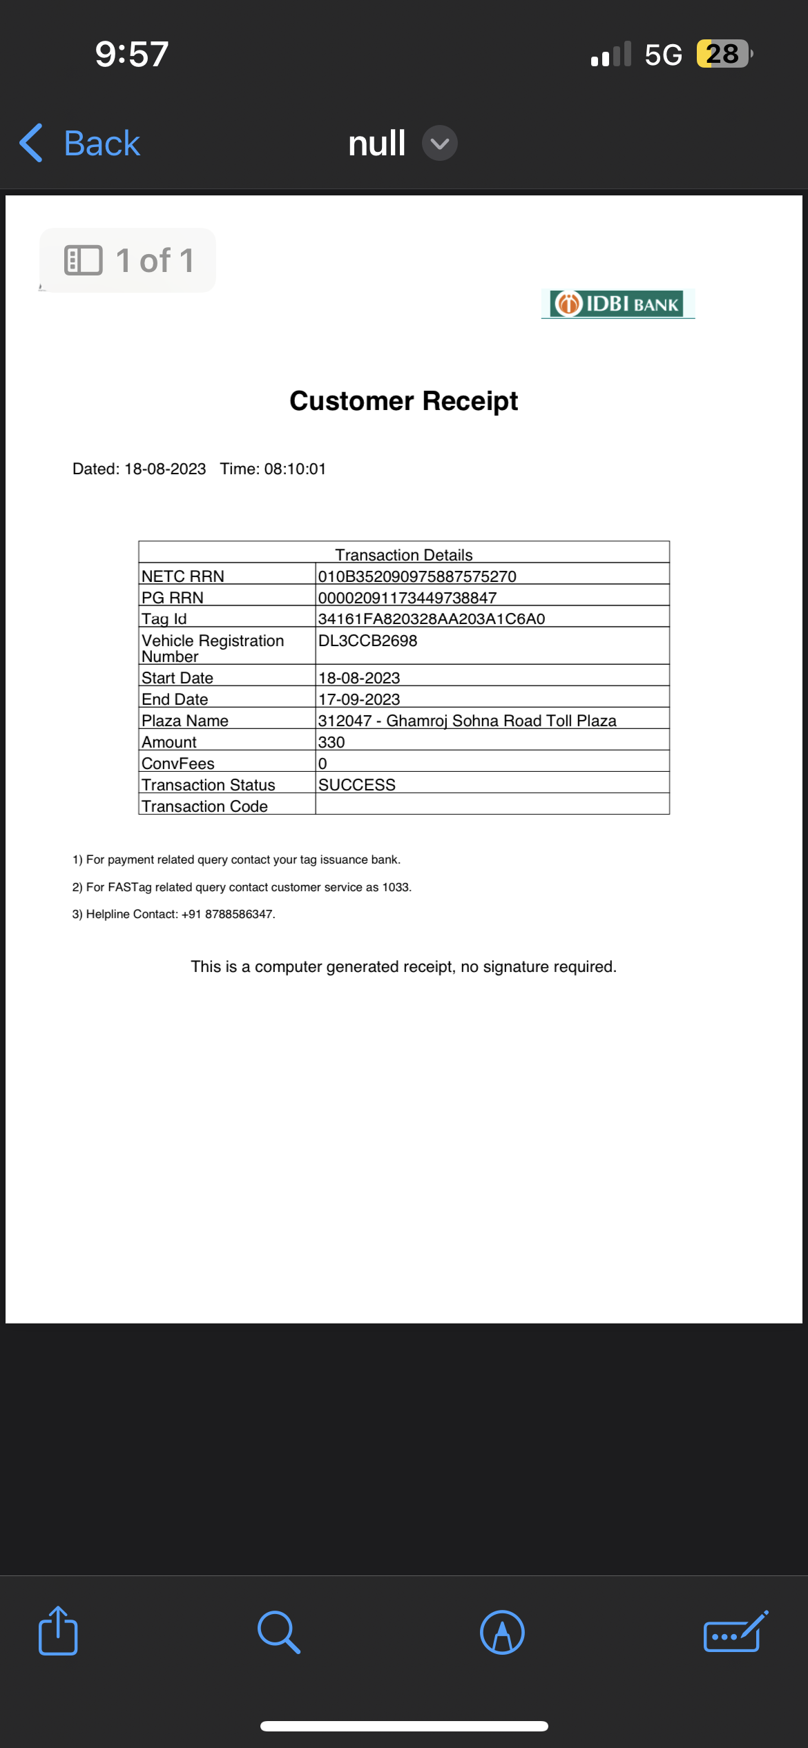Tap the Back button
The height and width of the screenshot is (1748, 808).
tap(80, 144)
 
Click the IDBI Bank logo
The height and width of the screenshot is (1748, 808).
tap(617, 304)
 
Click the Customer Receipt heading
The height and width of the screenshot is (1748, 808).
tap(403, 401)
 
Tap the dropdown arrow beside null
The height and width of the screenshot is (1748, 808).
tap(439, 144)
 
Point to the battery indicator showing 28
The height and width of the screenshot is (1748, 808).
tap(722, 54)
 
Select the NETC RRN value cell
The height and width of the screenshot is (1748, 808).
tap(417, 576)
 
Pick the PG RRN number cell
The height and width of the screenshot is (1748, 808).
tap(407, 597)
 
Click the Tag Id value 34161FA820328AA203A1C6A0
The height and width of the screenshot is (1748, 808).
tap(432, 619)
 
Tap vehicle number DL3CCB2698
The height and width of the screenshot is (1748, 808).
tap(367, 641)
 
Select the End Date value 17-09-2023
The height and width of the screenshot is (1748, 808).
tap(359, 699)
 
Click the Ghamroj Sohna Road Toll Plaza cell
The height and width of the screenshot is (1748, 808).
tap(468, 720)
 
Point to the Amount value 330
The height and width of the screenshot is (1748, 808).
tap(331, 742)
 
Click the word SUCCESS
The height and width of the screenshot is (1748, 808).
tap(357, 785)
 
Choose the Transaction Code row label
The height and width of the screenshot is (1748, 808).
tap(204, 806)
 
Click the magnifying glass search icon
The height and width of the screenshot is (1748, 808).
tap(278, 1632)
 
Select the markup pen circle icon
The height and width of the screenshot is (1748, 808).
tap(502, 1632)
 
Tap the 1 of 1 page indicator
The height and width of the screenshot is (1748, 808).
tap(128, 261)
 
